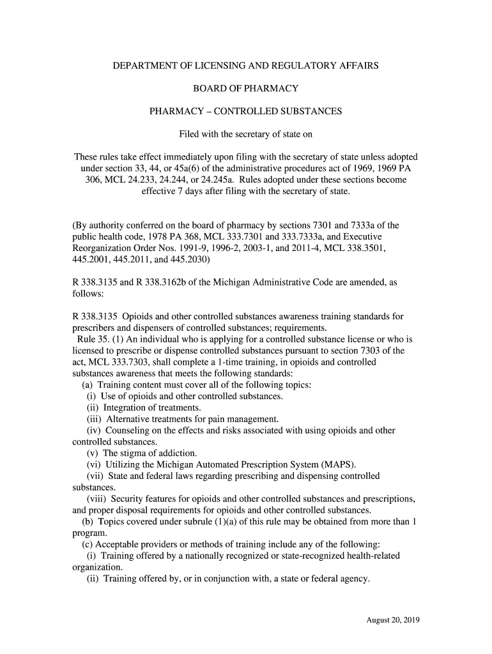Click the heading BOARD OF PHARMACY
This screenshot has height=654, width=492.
[x=246, y=88]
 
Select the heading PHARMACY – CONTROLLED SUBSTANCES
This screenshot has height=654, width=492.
[x=246, y=111]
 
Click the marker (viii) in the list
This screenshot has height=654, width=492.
[x=96, y=499]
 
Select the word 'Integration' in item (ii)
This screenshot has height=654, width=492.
[x=126, y=407]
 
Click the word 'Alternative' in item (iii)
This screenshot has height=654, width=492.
[x=130, y=419]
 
